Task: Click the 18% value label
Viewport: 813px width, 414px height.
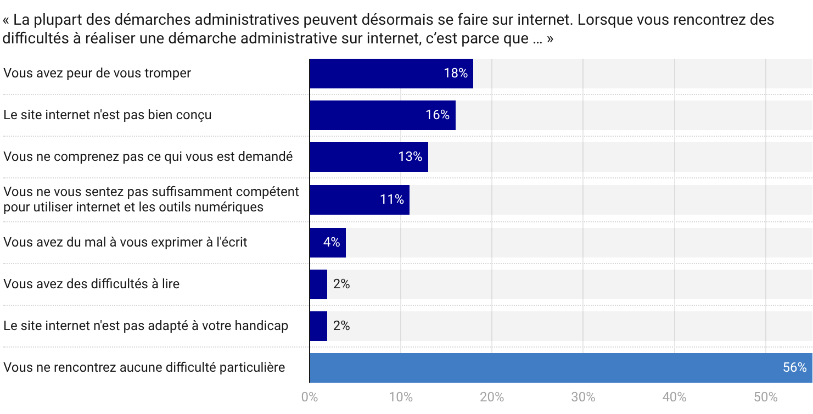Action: [x=455, y=74]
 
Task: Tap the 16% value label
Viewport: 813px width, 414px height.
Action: [x=438, y=115]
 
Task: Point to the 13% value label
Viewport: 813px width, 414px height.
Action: [x=410, y=157]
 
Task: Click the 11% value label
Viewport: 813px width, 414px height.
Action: [x=392, y=199]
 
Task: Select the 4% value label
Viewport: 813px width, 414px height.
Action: [x=332, y=242]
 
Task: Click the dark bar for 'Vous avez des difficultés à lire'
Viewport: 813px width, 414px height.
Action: [x=318, y=284]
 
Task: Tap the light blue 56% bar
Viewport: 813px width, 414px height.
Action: [x=549, y=368]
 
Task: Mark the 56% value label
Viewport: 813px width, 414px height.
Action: [x=794, y=368]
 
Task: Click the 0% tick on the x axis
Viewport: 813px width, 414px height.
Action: [x=310, y=398]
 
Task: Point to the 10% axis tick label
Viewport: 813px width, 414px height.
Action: [x=401, y=398]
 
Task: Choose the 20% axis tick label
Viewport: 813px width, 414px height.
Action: [x=492, y=398]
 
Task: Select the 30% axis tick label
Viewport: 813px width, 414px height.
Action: [x=583, y=398]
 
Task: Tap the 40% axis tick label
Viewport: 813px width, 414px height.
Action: [x=674, y=398]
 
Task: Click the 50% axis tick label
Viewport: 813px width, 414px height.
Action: [x=765, y=398]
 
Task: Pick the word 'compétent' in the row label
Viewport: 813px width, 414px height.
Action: [x=271, y=192]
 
